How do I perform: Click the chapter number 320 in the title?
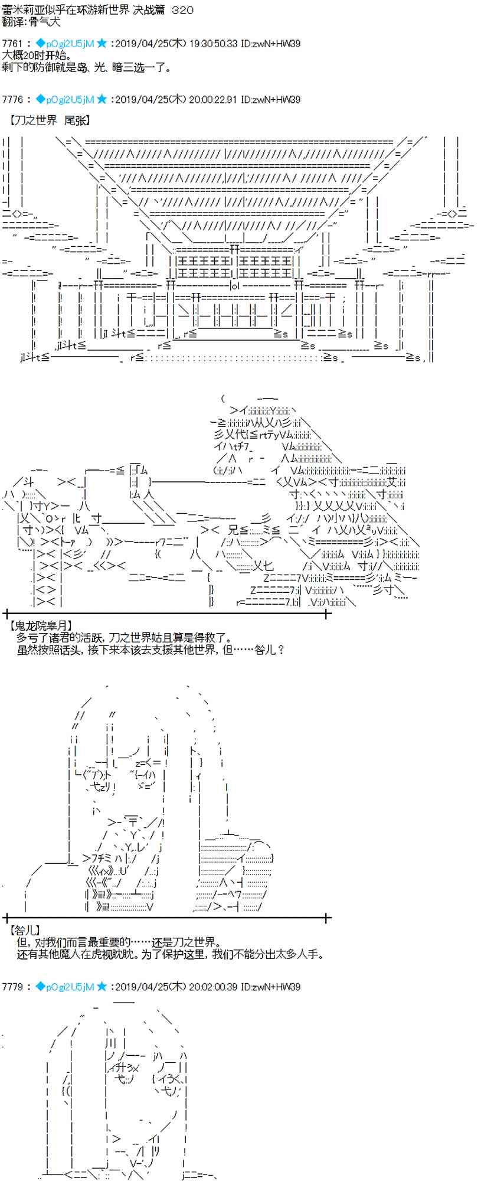[181, 11]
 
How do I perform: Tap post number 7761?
[12, 44]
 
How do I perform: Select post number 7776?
[12, 99]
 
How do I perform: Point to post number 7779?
[12, 987]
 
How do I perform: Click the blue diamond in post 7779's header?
[40, 987]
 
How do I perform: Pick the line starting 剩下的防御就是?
[87, 67]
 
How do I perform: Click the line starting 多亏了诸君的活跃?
[125, 638]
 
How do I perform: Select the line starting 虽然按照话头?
[152, 650]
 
